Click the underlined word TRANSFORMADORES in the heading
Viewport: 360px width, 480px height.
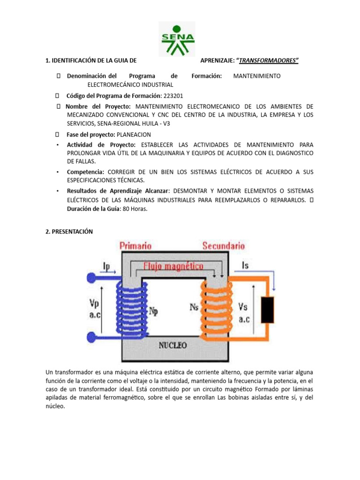[x=268, y=60]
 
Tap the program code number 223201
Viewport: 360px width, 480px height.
[x=173, y=96]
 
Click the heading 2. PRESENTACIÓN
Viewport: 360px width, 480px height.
[x=69, y=232]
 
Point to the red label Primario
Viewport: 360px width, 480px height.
[x=135, y=246]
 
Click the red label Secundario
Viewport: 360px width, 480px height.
[x=224, y=246]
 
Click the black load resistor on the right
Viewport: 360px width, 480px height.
[x=268, y=309]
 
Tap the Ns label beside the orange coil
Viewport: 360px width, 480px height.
[x=195, y=307]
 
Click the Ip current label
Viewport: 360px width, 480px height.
[x=107, y=267]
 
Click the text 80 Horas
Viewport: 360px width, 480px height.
[x=135, y=209]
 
